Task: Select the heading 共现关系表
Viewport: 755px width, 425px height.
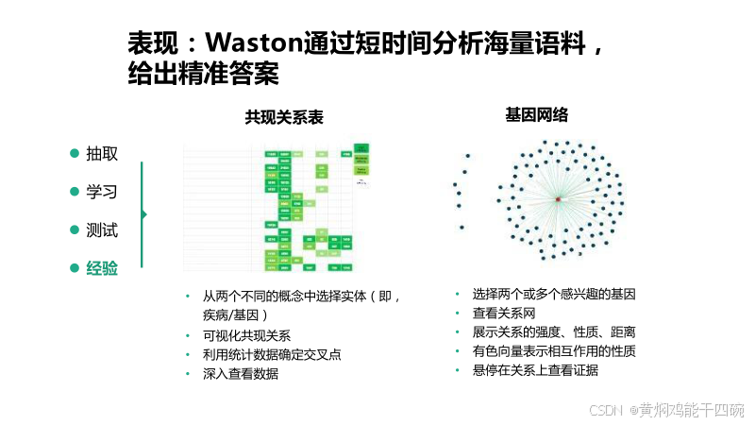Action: tap(284, 117)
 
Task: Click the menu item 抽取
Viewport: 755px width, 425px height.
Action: tap(102, 154)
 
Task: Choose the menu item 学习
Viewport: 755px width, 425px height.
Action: tap(102, 192)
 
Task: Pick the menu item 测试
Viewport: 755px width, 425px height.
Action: tap(102, 229)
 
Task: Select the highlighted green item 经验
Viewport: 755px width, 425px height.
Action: tap(102, 268)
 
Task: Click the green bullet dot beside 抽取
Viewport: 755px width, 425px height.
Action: tap(75, 154)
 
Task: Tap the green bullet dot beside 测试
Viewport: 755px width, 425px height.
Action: tap(75, 229)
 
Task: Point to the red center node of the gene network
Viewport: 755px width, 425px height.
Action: tap(558, 200)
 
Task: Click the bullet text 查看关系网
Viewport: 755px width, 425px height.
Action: tap(504, 313)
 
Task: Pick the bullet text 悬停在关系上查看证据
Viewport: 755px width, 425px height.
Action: tap(535, 370)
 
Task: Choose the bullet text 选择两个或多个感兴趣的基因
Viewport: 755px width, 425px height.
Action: tap(554, 294)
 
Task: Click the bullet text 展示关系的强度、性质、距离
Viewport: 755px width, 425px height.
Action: tap(554, 331)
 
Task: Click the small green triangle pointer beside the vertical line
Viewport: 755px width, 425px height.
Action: tap(144, 214)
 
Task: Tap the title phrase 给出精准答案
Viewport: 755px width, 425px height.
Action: tap(203, 74)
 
